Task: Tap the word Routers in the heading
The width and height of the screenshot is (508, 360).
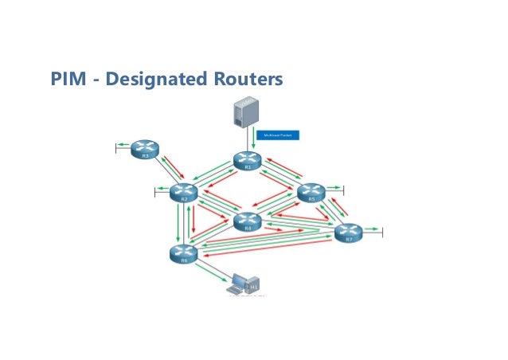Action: tap(244, 80)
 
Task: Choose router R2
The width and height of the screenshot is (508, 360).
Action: tap(184, 192)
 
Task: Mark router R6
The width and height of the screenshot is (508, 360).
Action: tap(184, 253)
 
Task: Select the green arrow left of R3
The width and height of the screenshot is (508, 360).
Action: tap(123, 146)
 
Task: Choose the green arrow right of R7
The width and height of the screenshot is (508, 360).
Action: tap(373, 232)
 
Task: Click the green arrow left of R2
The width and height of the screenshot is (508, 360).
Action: tap(162, 190)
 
